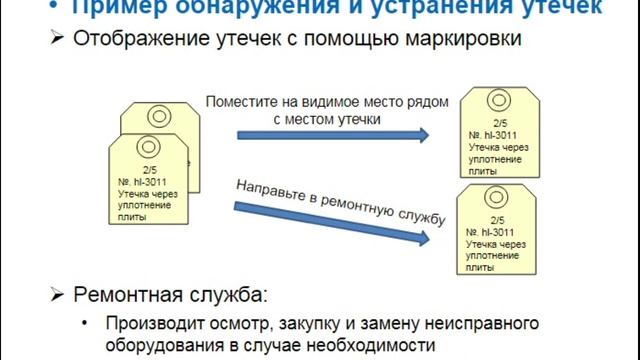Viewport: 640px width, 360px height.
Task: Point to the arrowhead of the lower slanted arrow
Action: coord(428,239)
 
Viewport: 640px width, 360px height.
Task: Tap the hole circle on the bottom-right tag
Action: coord(496,196)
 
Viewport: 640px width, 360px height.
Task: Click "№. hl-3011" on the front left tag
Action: coord(143,183)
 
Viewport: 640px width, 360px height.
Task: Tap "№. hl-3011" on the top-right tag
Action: coord(490,134)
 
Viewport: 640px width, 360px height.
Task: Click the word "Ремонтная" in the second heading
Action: coord(129,295)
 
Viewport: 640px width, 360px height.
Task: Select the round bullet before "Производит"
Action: coord(88,324)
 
